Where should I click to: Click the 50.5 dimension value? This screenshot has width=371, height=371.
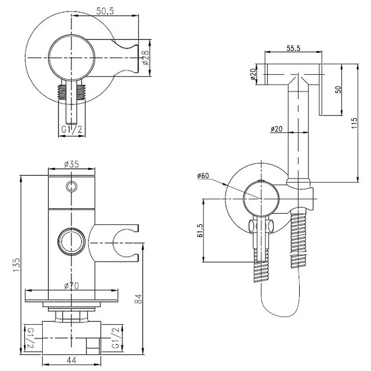(105, 11)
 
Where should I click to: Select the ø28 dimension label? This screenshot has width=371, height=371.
(146, 58)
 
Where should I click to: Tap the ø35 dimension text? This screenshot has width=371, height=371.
(71, 164)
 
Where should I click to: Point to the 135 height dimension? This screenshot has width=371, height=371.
(17, 265)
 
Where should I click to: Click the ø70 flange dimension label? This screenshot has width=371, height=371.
(72, 286)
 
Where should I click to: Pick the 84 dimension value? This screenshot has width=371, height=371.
(138, 299)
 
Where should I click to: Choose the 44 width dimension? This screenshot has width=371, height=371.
(71, 361)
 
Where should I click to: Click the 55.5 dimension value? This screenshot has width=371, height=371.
(294, 48)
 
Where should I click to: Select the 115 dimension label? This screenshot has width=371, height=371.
(354, 123)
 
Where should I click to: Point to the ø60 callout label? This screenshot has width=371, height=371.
(203, 176)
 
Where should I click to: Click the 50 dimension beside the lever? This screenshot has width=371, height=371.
(339, 90)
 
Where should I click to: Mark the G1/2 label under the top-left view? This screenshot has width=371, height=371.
(72, 129)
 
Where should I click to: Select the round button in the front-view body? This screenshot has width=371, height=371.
(71, 241)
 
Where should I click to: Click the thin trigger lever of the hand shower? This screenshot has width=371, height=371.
(320, 90)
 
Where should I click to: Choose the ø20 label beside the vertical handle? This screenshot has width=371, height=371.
(276, 129)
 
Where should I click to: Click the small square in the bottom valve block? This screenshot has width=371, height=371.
(93, 347)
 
